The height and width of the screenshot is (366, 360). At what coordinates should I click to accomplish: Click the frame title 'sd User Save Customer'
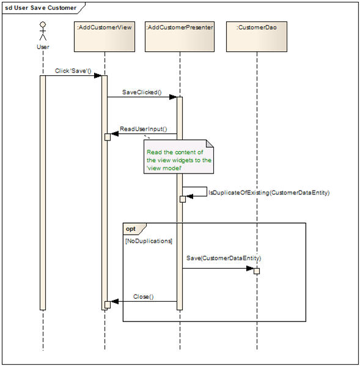41,7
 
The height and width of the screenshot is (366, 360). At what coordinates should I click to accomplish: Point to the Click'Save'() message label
73,71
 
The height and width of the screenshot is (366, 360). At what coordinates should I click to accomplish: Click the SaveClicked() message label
142,92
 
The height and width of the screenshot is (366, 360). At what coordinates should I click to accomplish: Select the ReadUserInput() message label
143,130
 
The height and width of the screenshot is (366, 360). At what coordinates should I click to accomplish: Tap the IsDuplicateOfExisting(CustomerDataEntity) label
270,192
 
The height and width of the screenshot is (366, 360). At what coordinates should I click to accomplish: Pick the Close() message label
143,297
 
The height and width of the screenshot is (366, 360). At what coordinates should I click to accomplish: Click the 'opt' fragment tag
131,229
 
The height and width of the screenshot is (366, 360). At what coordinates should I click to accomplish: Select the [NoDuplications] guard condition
149,241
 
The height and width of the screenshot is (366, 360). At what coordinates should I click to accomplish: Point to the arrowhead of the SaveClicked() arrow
174,97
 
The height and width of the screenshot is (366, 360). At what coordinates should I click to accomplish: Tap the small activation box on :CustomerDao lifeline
257,271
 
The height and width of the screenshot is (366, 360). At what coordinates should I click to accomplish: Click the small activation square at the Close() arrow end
107,304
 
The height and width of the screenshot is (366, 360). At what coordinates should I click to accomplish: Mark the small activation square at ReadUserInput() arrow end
107,137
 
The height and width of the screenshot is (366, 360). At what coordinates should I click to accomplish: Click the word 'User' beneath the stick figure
43,46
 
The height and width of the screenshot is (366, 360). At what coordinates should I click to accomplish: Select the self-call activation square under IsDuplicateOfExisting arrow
182,199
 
